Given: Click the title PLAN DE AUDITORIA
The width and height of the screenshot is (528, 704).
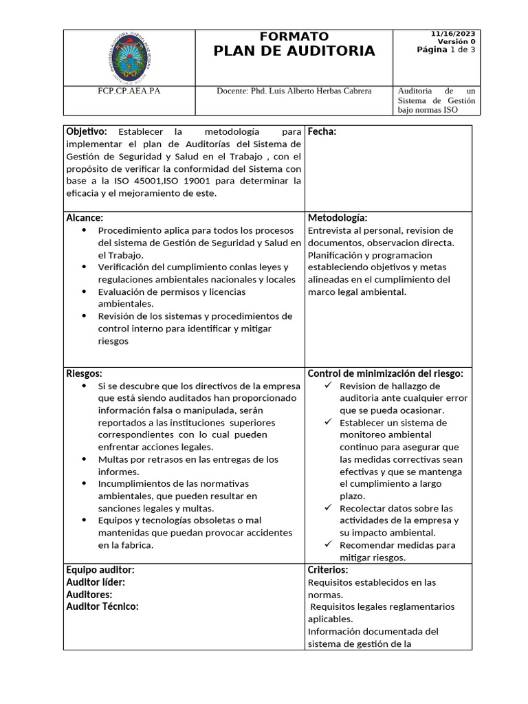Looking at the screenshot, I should pyautogui.click(x=294, y=51).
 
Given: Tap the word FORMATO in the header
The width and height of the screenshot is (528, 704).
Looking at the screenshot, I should pyautogui.click(x=294, y=36).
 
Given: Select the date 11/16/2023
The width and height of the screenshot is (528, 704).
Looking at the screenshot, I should pyautogui.click(x=453, y=34).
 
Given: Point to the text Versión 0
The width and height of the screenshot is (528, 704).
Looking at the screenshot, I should pyautogui.click(x=456, y=41).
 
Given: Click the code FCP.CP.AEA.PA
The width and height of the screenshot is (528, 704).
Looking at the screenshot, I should pyautogui.click(x=129, y=91).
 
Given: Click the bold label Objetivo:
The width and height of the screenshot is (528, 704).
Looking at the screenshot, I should pyautogui.click(x=87, y=131).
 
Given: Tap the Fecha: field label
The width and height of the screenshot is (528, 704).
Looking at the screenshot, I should pyautogui.click(x=322, y=131).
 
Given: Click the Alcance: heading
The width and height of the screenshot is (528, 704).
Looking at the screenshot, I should pyautogui.click(x=85, y=218).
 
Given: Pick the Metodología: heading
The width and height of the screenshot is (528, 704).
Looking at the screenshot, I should pyautogui.click(x=338, y=218).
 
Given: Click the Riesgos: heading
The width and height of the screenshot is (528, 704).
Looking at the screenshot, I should pyautogui.click(x=84, y=373).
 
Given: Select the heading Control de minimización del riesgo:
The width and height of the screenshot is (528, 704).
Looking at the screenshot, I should pyautogui.click(x=385, y=373).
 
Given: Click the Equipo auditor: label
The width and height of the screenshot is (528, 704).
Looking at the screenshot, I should pyautogui.click(x=100, y=570).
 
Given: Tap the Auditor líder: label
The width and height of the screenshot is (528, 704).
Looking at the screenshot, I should pyautogui.click(x=96, y=582).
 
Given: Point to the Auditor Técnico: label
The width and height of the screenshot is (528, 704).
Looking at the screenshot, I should pyautogui.click(x=102, y=606).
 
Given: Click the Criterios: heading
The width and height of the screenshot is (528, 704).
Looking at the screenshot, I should pyautogui.click(x=328, y=570).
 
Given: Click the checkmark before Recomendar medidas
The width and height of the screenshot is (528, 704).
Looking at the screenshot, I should pyautogui.click(x=329, y=544).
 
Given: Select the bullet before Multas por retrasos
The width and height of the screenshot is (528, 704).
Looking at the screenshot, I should pyautogui.click(x=84, y=459).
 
